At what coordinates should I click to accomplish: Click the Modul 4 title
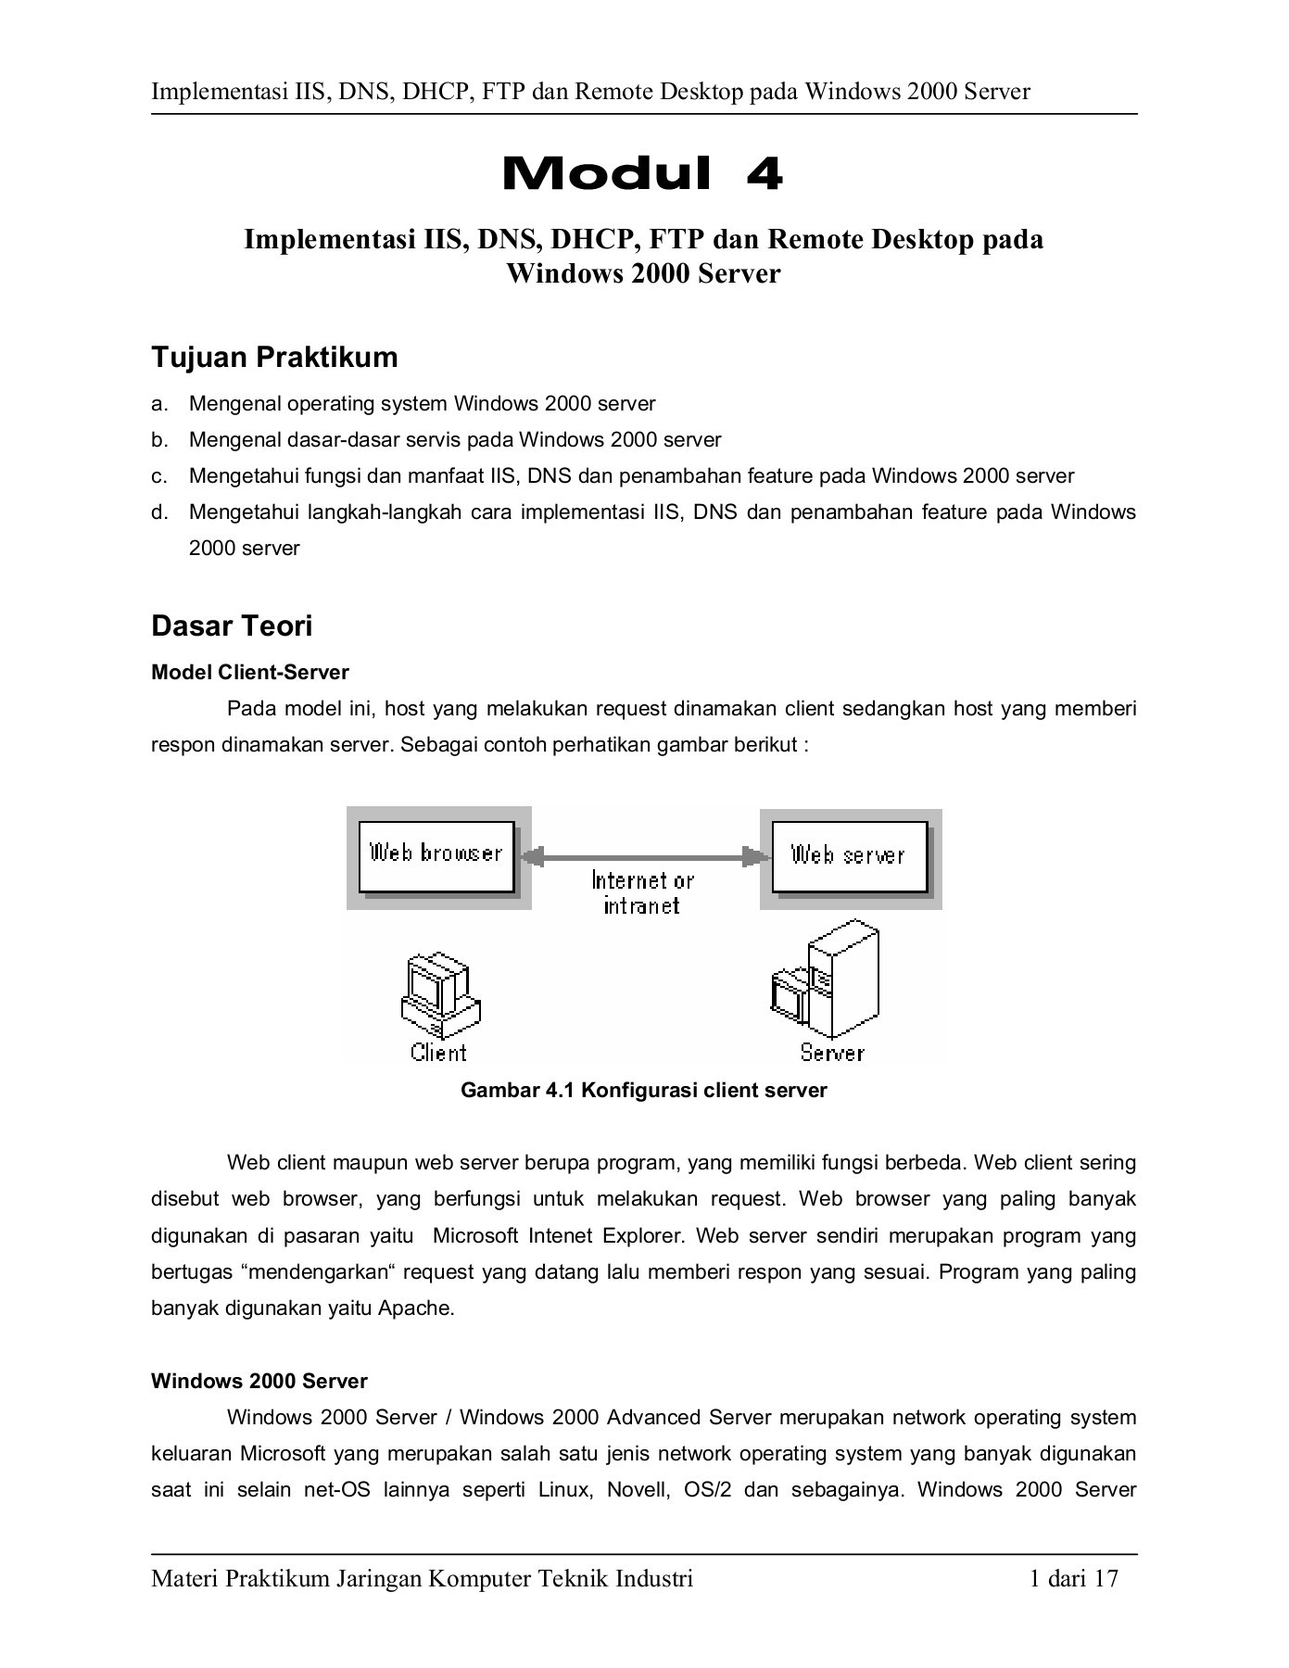pyautogui.click(x=642, y=174)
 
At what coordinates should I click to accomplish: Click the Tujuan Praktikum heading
pyautogui.click(x=274, y=357)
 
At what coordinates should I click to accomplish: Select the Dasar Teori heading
pyautogui.click(x=232, y=625)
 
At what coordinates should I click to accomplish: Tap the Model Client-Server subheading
pyautogui.click(x=250, y=672)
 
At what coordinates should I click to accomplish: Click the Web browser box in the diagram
pyautogui.click(x=436, y=853)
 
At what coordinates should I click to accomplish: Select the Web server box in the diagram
pyautogui.click(x=848, y=855)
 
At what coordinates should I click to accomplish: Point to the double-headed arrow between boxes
pyautogui.click(x=645, y=857)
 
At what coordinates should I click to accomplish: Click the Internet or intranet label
pyautogui.click(x=642, y=892)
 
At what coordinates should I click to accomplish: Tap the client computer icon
pyautogui.click(x=439, y=997)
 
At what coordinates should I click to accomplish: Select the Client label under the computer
pyautogui.click(x=438, y=1053)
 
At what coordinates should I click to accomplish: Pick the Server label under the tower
pyautogui.click(x=831, y=1053)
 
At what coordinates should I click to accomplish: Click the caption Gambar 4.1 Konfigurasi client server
pyautogui.click(x=643, y=1091)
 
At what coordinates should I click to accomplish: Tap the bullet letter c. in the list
pyautogui.click(x=159, y=476)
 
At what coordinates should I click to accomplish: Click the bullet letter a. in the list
pyautogui.click(x=159, y=404)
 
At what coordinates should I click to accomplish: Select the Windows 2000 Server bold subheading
pyautogui.click(x=259, y=1382)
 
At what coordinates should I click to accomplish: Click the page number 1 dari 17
pyautogui.click(x=1073, y=1578)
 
